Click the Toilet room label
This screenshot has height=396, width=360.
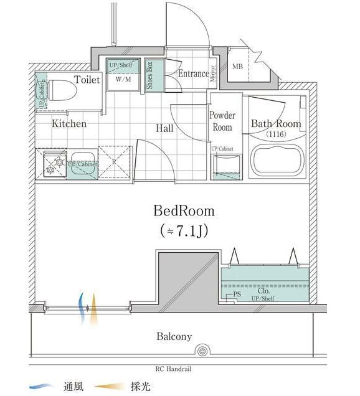(87, 80)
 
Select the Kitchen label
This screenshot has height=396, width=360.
(69, 124)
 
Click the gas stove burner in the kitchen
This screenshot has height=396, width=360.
(50, 164)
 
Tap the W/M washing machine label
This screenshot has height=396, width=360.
(122, 79)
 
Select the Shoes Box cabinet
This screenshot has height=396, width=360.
(150, 75)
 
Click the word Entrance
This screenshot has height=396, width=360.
(193, 73)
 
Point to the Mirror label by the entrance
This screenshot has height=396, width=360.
(212, 73)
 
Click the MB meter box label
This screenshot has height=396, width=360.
(237, 67)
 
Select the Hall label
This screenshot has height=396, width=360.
(164, 128)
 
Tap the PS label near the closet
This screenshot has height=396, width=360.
(237, 295)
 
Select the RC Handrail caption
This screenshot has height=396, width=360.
(178, 369)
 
